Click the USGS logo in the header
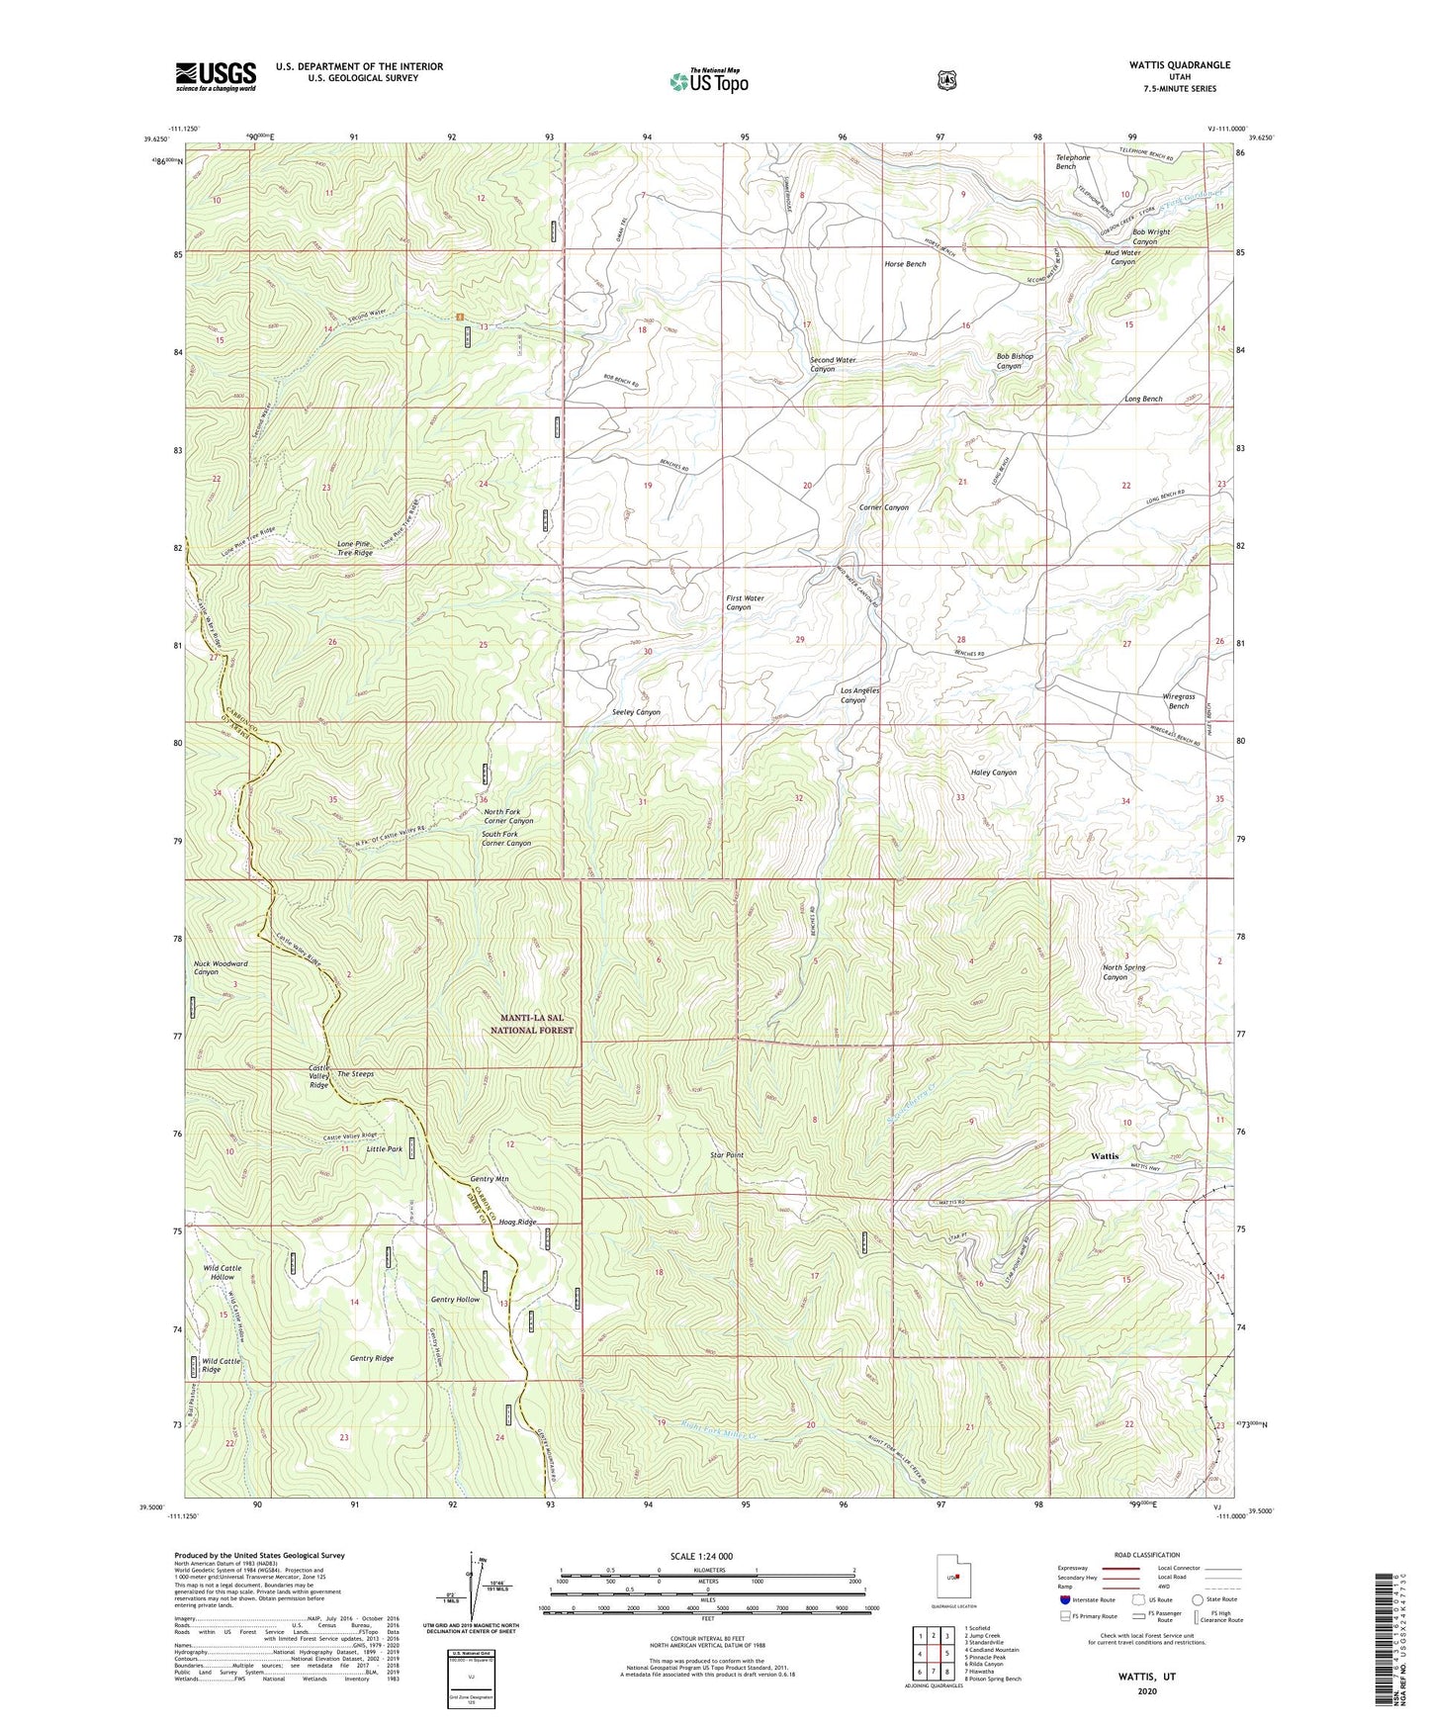click(x=216, y=76)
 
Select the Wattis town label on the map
click(x=1105, y=1155)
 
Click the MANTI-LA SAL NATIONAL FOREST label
click(x=531, y=1024)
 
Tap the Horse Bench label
click(x=905, y=264)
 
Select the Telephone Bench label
click(x=1073, y=162)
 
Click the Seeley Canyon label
click(x=636, y=712)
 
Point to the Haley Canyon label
click(x=993, y=773)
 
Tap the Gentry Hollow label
click(x=455, y=1300)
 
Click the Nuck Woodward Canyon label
click(x=221, y=967)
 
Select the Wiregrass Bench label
click(x=1178, y=701)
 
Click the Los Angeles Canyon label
click(x=859, y=695)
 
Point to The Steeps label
click(x=355, y=1074)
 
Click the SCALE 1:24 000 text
click(x=701, y=1556)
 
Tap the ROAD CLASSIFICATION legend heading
click(x=1145, y=1555)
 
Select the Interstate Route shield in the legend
click(x=1065, y=1599)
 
